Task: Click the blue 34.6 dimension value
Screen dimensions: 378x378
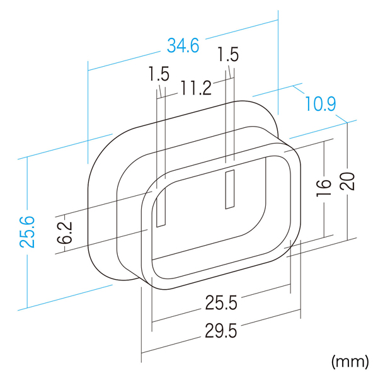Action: pos(183,45)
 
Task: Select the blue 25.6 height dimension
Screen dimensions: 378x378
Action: pos(27,232)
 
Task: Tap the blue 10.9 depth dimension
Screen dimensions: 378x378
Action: pos(321,103)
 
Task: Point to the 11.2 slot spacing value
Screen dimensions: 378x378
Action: pos(196,88)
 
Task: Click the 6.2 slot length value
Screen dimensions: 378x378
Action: pos(65,232)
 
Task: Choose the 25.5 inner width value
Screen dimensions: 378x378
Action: pos(221,302)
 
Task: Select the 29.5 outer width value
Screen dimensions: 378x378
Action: pos(221,331)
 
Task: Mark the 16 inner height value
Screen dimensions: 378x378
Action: pos(324,188)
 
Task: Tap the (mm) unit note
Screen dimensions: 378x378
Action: pos(350,362)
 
